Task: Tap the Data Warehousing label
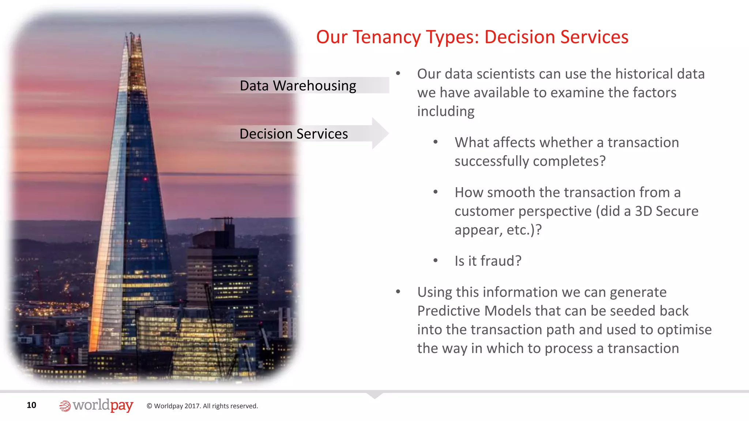click(x=298, y=86)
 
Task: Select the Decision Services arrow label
click(x=293, y=134)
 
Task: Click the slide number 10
click(x=31, y=405)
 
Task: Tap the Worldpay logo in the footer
click(x=96, y=405)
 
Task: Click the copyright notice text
click(x=202, y=406)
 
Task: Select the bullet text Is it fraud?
click(x=488, y=261)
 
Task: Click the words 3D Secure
click(x=666, y=211)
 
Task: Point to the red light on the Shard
click(x=145, y=179)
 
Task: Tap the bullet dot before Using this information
click(x=398, y=292)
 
